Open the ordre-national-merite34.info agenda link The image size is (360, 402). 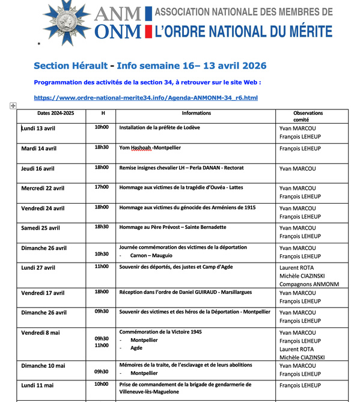point(145,97)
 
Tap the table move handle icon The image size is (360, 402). point(13,106)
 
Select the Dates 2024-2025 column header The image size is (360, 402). point(55,113)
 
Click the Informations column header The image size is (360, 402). point(196,113)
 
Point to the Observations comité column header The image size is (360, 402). point(308,117)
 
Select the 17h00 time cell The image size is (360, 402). point(102,187)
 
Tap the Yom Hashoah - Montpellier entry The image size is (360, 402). point(150,148)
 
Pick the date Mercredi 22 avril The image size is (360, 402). point(43,187)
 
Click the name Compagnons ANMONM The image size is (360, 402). point(309,284)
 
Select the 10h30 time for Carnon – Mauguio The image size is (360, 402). point(102,254)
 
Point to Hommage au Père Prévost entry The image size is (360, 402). point(172,227)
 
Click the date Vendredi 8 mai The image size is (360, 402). point(41,332)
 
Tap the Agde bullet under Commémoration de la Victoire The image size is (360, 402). point(136,347)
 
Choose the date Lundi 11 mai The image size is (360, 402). point(37,385)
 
